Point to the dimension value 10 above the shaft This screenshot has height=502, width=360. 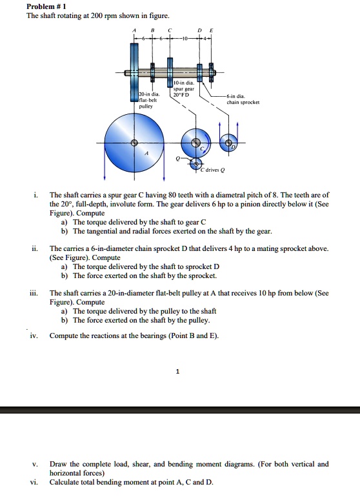pos(185,38)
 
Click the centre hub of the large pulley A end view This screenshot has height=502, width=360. pos(134,143)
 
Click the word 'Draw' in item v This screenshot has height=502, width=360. pos(59,464)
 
